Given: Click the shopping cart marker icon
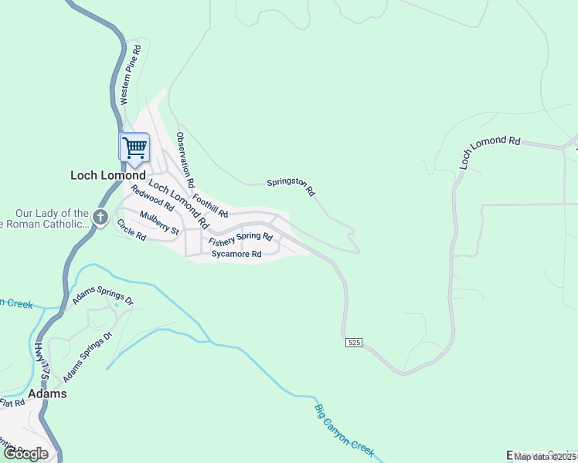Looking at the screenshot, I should pos(134,147).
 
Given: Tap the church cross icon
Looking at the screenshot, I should pos(100,218).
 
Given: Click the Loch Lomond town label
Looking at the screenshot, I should pos(108,175).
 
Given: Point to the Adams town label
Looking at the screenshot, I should pos(47,394).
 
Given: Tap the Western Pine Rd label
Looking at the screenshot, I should pos(129,74).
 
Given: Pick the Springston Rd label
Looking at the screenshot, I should pos(291,186).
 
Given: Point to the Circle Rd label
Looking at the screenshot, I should pos(131,230).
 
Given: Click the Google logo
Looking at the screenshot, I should pos(25,454).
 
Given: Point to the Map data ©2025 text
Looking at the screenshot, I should pos(545,457).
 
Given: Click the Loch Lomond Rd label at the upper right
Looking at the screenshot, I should pos(489,152).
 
